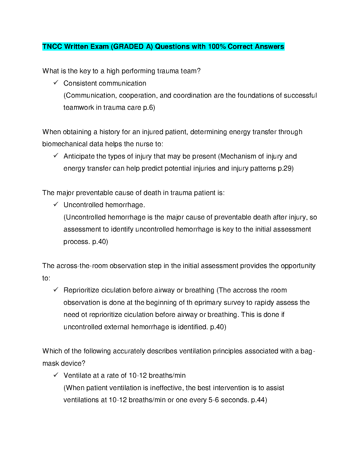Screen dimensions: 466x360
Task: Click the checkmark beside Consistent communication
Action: click(56, 83)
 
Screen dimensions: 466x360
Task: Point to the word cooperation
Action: click(137, 96)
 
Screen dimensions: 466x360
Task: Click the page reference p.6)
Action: click(149, 108)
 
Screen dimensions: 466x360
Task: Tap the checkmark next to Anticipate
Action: click(56, 156)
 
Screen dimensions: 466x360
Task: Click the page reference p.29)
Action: click(286, 169)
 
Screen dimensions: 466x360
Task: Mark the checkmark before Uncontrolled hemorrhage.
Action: click(56, 204)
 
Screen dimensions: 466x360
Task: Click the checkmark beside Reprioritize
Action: click(56, 289)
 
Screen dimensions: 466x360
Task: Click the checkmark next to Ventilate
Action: click(56, 375)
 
